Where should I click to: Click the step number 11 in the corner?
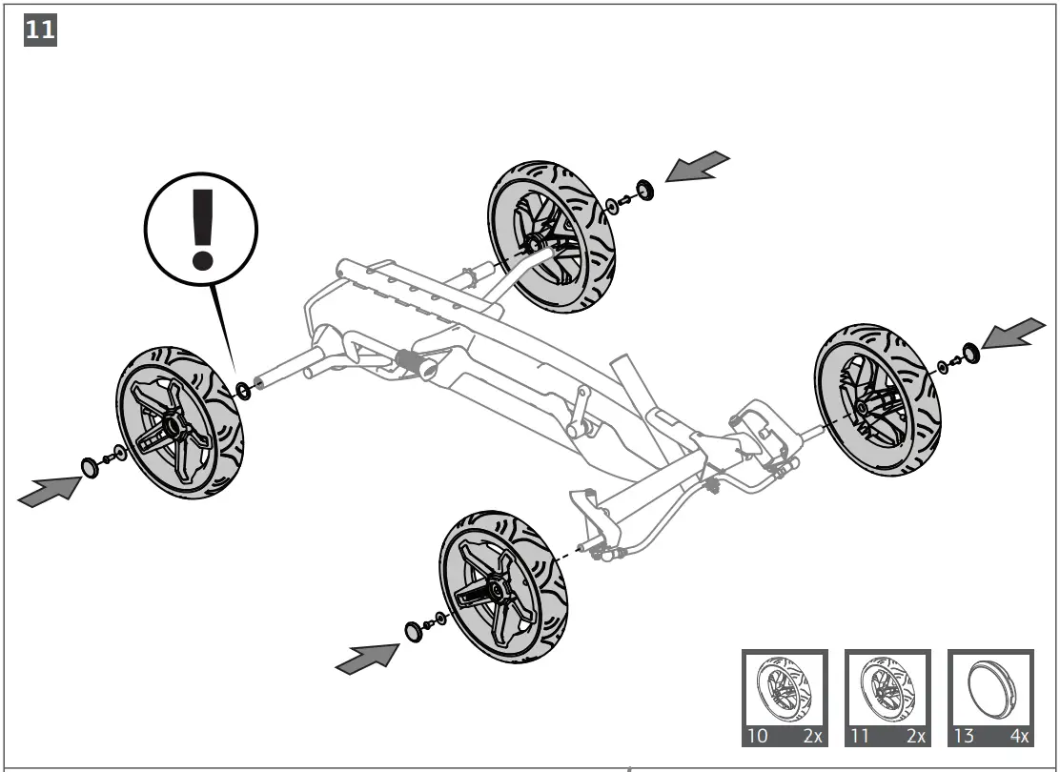[x=38, y=30]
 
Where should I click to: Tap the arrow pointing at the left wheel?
[x=49, y=491]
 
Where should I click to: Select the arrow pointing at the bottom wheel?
[x=367, y=658]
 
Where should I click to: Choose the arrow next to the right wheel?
[x=1013, y=334]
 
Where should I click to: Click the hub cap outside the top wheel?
[x=645, y=190]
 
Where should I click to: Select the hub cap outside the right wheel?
[x=969, y=354]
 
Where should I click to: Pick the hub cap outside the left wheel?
[x=90, y=467]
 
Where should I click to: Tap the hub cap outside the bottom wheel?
[x=413, y=631]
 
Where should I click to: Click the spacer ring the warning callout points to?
[x=243, y=389]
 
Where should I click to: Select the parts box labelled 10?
[x=785, y=697]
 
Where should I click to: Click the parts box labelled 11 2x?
[x=887, y=697]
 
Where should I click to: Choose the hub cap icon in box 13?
[x=990, y=688]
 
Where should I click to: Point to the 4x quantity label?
[x=1017, y=736]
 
